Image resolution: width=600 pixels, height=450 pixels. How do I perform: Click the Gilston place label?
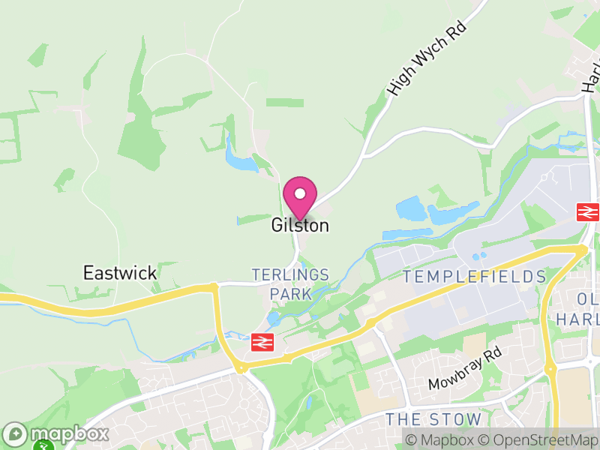pos(300,225)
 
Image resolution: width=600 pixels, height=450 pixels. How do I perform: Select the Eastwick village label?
pos(120,272)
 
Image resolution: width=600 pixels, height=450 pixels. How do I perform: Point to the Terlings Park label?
pos(290,283)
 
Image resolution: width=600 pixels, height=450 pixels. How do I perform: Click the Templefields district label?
pos(474,277)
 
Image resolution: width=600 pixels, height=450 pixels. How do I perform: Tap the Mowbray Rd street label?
pos(463,370)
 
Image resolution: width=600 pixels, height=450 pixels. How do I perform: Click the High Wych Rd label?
pos(427,58)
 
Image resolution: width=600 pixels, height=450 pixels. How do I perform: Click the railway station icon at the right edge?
pos(586,211)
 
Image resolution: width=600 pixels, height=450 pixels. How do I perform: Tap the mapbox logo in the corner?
pos(56,433)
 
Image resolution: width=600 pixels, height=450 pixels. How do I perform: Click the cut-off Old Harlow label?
pos(578,308)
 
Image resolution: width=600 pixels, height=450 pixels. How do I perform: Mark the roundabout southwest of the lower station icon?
pos(241,367)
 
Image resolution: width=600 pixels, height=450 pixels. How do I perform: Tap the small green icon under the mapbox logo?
pos(43,445)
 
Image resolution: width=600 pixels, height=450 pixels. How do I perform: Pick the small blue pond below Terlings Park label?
pos(274,318)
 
